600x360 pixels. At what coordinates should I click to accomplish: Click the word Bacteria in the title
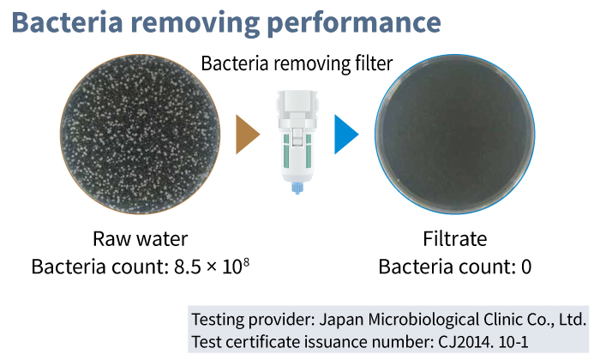(68, 22)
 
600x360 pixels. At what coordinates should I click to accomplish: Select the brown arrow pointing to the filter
(248, 135)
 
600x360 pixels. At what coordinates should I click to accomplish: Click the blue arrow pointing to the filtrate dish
(346, 135)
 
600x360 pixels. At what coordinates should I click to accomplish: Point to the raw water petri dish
(140, 134)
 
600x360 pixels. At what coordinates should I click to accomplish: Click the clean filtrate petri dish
(454, 134)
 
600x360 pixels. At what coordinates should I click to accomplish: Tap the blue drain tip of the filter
(297, 188)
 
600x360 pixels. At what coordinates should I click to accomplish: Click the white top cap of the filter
(297, 100)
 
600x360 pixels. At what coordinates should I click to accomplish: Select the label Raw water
(140, 239)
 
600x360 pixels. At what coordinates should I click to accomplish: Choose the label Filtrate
(454, 239)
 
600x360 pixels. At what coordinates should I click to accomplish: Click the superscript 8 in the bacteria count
(246, 262)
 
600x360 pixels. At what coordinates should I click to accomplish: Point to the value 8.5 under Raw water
(188, 267)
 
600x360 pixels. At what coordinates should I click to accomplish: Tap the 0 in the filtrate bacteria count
(526, 267)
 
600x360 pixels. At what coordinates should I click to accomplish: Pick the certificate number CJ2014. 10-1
(483, 342)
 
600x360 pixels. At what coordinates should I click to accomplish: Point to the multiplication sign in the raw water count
(212, 267)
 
